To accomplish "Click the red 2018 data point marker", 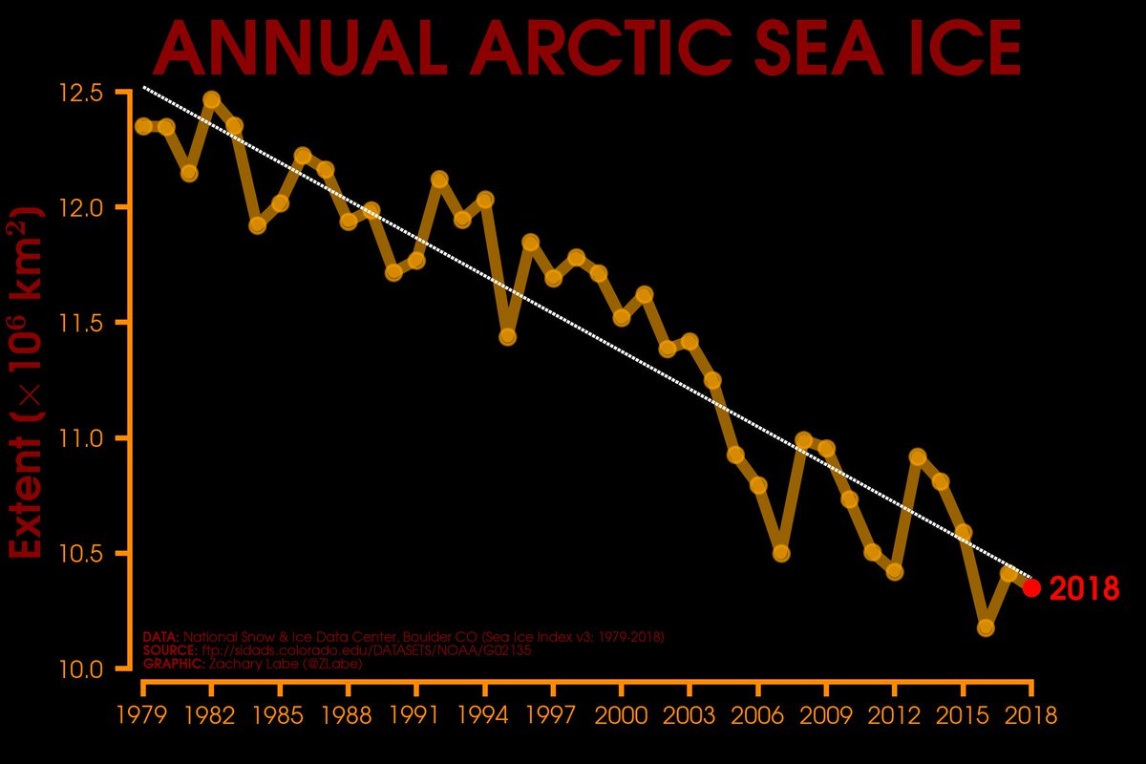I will point(1031,587).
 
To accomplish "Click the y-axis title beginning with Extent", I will point(29,382).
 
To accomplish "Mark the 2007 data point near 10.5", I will point(781,553).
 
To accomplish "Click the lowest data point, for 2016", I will point(986,627).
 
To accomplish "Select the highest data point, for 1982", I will point(211,99).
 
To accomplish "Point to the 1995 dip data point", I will point(508,336).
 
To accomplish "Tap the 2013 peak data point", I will point(918,456).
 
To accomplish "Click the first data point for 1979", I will point(143,126).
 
